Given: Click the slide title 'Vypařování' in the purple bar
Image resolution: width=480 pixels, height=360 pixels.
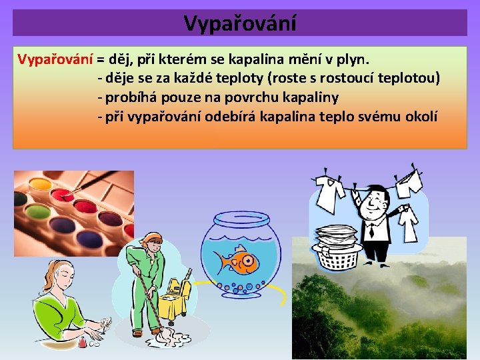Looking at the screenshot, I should coord(239,23).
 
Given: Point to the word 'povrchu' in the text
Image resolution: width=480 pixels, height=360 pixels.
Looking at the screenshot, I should coord(242,97).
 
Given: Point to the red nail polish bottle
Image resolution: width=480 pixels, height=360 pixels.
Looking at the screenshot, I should coord(83,342).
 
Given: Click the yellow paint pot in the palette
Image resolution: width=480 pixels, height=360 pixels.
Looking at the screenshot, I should coord(39,183).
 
